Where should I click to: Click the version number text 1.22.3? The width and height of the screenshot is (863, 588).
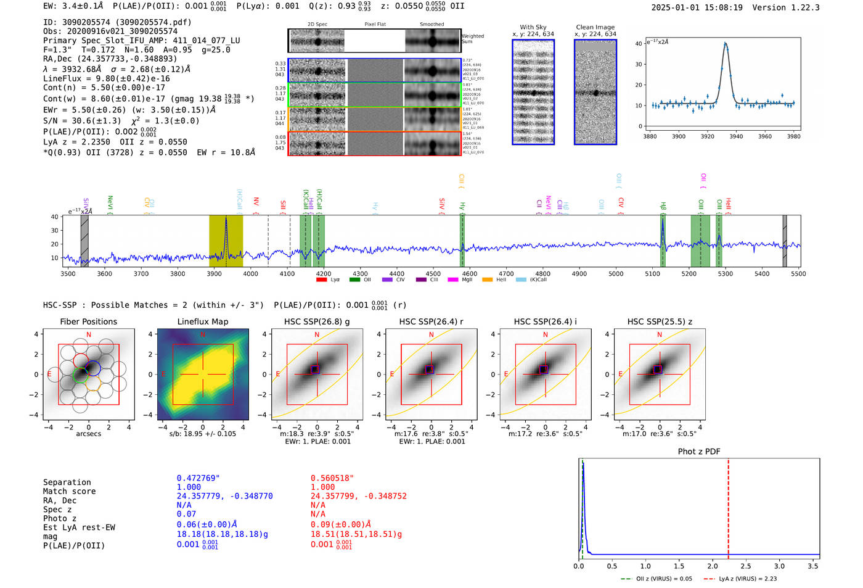tap(800, 7)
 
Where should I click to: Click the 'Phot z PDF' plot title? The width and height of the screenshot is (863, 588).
tap(699, 452)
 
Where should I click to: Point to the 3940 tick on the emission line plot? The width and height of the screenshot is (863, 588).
tap(736, 136)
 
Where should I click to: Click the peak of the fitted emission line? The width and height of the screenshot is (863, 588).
tap(726, 43)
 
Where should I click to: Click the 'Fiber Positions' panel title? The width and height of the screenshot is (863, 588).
tap(88, 321)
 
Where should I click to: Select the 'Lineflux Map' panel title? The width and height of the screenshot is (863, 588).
tap(203, 321)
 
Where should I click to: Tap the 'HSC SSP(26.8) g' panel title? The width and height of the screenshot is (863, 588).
tap(317, 321)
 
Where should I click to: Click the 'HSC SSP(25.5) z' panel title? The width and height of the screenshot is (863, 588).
tap(660, 321)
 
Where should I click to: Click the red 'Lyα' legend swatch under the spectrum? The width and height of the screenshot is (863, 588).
tap(321, 280)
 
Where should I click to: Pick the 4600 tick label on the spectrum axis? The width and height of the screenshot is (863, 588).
tap(470, 274)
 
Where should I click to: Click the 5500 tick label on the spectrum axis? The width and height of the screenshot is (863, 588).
tap(798, 274)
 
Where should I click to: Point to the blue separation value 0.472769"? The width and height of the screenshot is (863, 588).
tap(198, 478)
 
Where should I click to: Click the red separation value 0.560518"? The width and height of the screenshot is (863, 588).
tap(332, 478)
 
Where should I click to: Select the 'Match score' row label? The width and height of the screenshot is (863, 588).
tap(69, 492)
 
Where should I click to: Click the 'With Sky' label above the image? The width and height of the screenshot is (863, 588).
tap(533, 27)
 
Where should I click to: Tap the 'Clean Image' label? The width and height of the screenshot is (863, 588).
tap(595, 27)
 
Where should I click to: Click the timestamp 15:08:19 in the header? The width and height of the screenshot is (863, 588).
tap(718, 7)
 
